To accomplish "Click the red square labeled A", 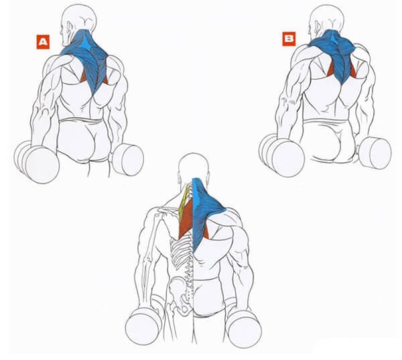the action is tap(43, 42).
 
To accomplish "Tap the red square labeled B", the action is tap(289, 39).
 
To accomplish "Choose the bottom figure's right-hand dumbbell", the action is tap(244, 328).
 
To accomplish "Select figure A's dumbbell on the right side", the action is tap(128, 160).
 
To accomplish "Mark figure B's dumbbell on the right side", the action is tap(375, 153).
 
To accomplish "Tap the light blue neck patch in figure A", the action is tap(86, 43).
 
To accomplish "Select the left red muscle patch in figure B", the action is tap(331, 70).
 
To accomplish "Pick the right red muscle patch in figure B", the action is tap(353, 70).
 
